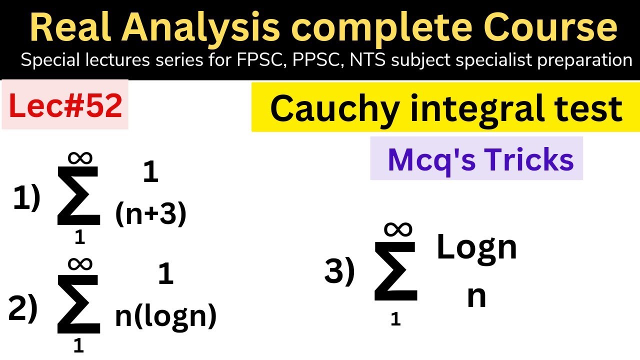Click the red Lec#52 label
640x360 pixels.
[65, 106]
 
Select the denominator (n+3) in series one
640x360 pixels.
[150, 214]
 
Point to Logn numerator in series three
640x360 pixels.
[476, 247]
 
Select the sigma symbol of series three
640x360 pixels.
[395, 272]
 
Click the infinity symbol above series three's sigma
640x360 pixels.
[398, 229]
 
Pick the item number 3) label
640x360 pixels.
[339, 272]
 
